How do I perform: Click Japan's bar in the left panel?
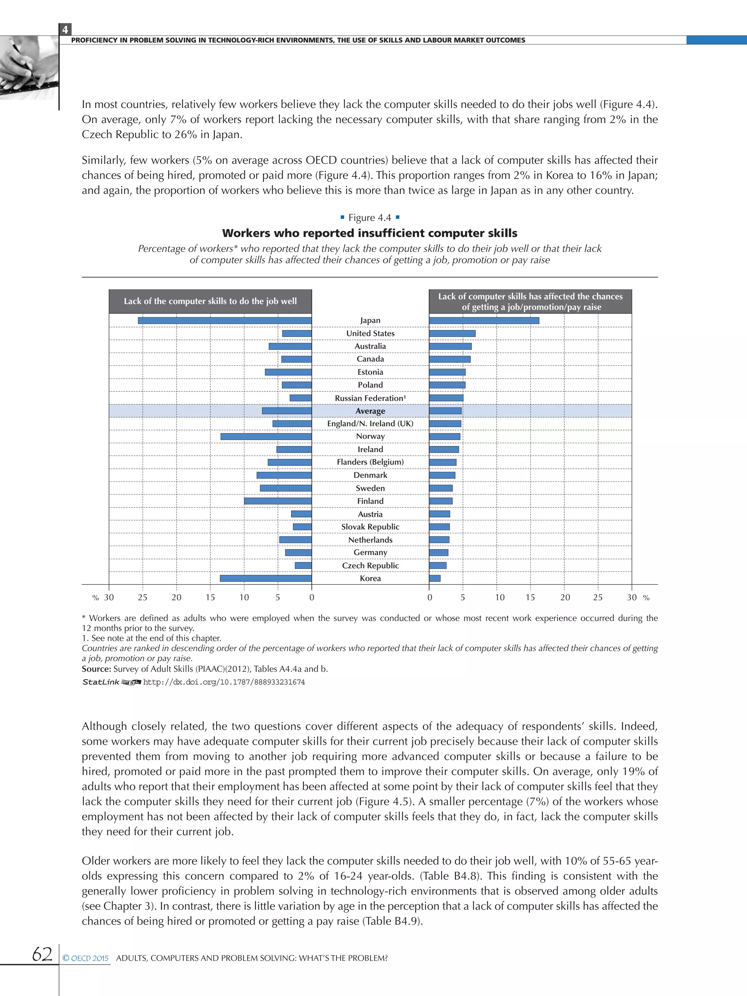pos(224,321)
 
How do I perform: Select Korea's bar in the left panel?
pos(266,578)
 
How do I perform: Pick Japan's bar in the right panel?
pos(484,321)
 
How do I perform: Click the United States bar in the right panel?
pos(452,334)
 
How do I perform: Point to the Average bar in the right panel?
pos(445,411)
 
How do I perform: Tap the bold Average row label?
pos(370,411)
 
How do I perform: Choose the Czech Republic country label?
pos(370,566)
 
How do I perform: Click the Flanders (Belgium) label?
pos(370,462)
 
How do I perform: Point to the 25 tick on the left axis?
pos(142,597)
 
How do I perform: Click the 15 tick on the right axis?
pos(530,597)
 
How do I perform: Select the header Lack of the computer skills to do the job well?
pos(210,301)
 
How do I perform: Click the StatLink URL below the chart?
pos(224,682)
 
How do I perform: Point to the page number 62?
pos(42,954)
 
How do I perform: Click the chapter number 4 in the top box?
pos(65,30)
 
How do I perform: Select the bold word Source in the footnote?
pos(96,669)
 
